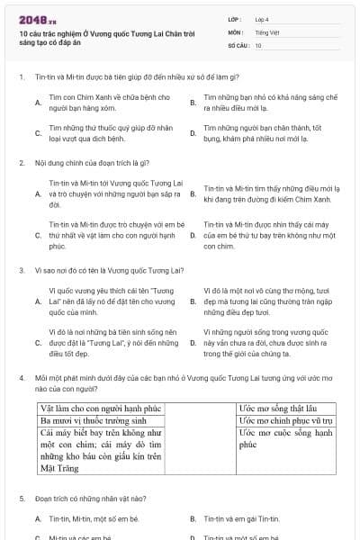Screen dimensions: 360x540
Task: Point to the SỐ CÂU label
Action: pyautogui.click(x=237, y=45)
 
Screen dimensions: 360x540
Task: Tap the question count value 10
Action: pyautogui.click(x=258, y=45)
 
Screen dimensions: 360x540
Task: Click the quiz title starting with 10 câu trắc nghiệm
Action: pyautogui.click(x=105, y=36)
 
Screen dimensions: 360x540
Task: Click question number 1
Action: pyautogui.click(x=21, y=77)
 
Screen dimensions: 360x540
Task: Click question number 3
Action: pyautogui.click(x=21, y=269)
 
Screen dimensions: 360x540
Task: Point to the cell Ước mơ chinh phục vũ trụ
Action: pyautogui.click(x=285, y=420)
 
